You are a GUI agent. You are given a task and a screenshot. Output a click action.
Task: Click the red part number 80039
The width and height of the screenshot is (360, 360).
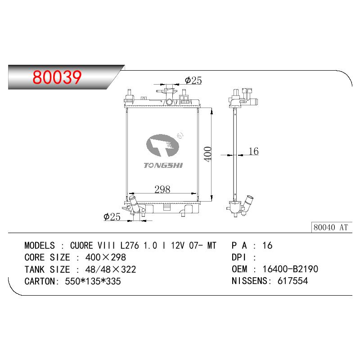coord(57,77)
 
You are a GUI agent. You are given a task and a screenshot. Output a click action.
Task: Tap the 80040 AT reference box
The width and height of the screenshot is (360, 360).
coord(332,227)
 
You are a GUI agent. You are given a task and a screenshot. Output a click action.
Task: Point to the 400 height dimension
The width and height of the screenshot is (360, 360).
coord(208,154)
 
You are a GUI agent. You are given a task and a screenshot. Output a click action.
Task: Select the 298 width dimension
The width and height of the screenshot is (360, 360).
coord(162,189)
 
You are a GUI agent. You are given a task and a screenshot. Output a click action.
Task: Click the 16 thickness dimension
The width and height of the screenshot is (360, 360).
coord(254,151)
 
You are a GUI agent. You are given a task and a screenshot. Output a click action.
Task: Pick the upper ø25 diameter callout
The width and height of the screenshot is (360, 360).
coord(193,81)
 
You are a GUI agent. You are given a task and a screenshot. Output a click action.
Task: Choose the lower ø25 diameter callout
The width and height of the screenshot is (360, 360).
coord(112,216)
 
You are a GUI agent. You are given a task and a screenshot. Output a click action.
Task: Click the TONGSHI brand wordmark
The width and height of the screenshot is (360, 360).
coord(163,165)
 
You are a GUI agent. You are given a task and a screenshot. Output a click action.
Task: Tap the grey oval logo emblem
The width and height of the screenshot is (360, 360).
coord(162,145)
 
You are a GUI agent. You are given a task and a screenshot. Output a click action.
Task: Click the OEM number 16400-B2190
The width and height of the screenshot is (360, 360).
coord(290,269)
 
